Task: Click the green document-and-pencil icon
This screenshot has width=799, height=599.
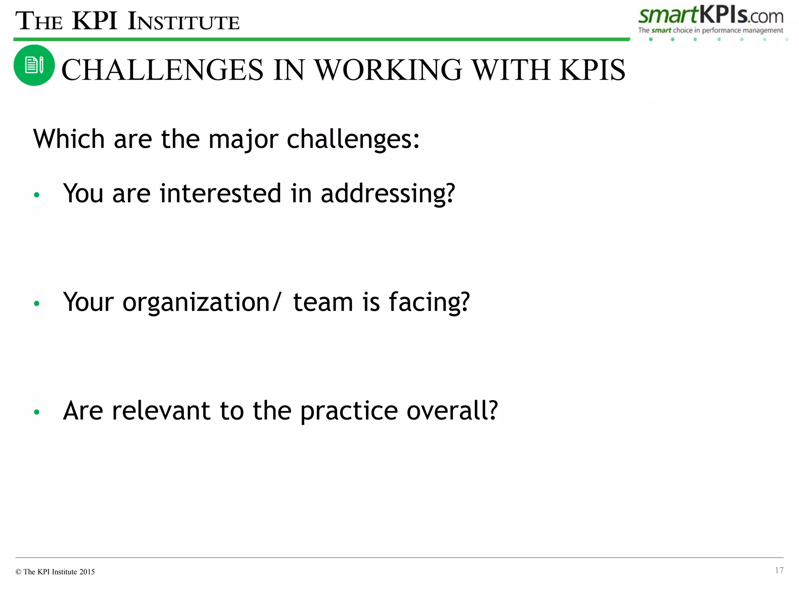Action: [34, 65]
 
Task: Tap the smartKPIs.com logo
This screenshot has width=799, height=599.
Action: [710, 16]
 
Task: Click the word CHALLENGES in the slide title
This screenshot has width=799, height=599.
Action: [162, 70]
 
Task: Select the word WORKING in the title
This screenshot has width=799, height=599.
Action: [388, 70]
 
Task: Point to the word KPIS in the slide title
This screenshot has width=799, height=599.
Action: [592, 70]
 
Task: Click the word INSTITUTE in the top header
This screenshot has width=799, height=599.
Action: [183, 22]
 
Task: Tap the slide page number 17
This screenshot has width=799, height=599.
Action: [779, 570]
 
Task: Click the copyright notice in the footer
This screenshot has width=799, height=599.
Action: [55, 572]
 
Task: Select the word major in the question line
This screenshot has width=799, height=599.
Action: [243, 139]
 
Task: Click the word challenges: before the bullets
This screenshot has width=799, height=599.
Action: [353, 139]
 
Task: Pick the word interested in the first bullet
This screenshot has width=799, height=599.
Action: [220, 193]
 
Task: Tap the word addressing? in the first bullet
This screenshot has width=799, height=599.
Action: [388, 193]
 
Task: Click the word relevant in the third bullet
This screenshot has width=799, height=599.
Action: [161, 411]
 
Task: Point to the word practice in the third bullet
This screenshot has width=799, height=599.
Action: [349, 411]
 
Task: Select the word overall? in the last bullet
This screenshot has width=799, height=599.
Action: [452, 411]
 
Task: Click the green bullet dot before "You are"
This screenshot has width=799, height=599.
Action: [37, 195]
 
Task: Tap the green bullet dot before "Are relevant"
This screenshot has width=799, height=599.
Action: [37, 412]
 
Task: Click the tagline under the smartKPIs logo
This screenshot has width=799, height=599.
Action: [710, 30]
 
